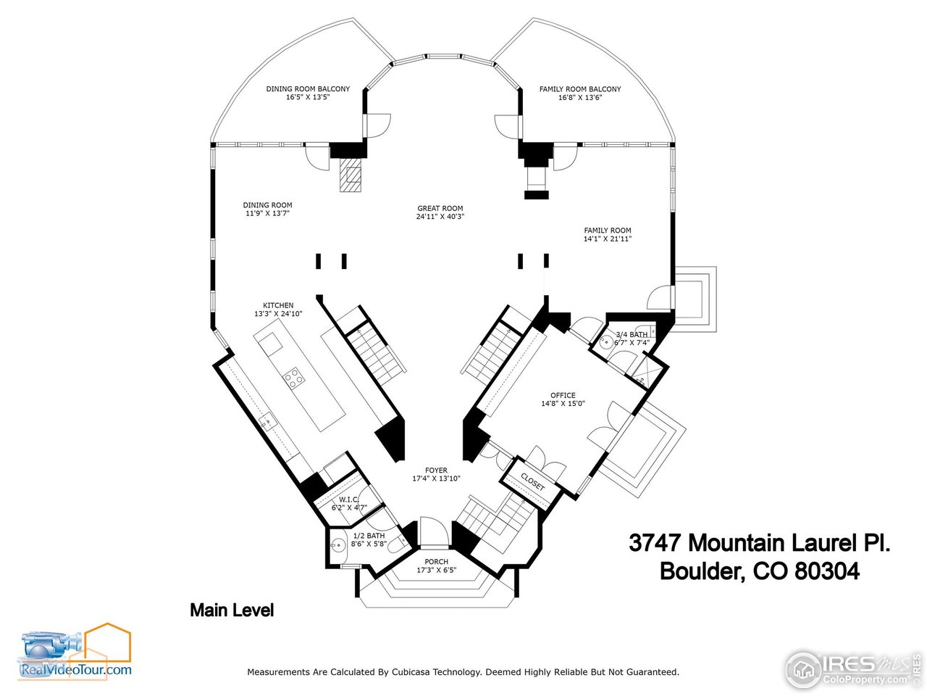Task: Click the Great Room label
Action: [440, 208]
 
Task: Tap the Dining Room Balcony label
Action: [308, 89]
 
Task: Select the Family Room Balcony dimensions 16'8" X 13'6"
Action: [580, 97]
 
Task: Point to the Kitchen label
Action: [278, 305]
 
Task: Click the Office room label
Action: [563, 395]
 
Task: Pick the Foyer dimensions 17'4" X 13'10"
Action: [436, 478]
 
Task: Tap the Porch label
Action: [436, 562]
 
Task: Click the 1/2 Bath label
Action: [369, 536]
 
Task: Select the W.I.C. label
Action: [349, 500]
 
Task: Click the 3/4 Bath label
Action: [632, 334]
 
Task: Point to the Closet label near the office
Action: [532, 481]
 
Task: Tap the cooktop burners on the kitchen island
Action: [293, 377]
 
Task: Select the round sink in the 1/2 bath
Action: [337, 545]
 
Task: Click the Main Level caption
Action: [232, 610]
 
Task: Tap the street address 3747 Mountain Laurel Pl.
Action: [759, 543]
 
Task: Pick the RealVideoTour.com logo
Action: [76, 652]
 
